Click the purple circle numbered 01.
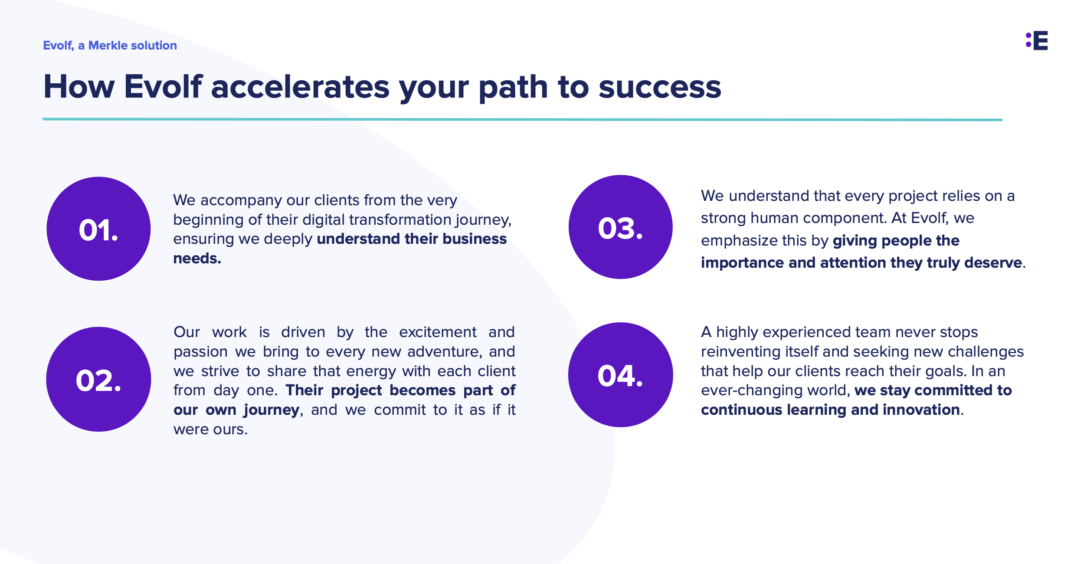click(98, 229)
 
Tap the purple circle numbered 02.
click(98, 379)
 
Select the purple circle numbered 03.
click(621, 227)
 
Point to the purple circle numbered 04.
click(621, 375)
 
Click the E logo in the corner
click(1037, 40)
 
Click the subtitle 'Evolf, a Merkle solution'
click(110, 46)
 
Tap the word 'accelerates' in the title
click(300, 87)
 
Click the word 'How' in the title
click(79, 87)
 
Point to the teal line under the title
click(522, 119)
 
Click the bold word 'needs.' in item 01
click(197, 259)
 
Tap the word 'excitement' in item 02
click(438, 332)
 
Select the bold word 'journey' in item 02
click(271, 410)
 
